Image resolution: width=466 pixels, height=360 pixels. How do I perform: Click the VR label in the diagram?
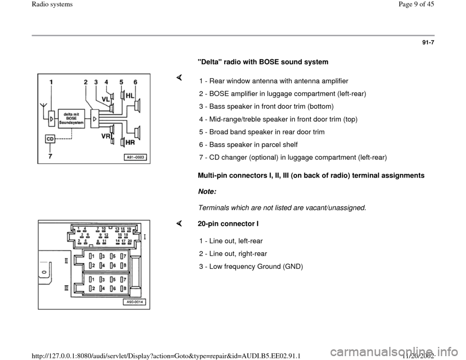point(105,136)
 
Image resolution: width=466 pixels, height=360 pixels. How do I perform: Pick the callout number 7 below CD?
point(50,156)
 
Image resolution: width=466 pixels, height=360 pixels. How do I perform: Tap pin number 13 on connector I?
point(117,228)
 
